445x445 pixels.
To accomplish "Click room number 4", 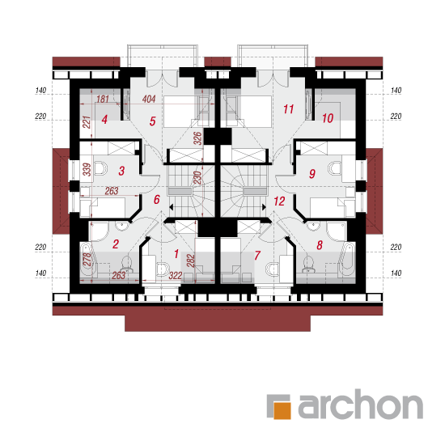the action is click(x=104, y=120).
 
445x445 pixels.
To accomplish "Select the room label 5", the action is click(x=153, y=121).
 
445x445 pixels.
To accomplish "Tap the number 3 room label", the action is click(x=121, y=171).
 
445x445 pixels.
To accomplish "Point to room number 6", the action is click(x=157, y=200).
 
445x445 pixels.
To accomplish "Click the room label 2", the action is click(x=116, y=244).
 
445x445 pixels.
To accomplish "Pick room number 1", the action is click(x=176, y=254).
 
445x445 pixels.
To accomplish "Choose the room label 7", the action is click(x=257, y=255).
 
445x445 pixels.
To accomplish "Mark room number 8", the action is click(x=320, y=245).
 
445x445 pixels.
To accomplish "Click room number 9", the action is click(x=312, y=173).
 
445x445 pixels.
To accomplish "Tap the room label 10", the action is click(x=328, y=118).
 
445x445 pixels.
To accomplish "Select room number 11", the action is click(x=288, y=109).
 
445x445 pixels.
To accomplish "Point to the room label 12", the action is click(x=279, y=201).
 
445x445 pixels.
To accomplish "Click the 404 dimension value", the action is click(x=149, y=99).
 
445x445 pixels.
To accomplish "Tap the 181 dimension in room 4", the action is click(x=103, y=99).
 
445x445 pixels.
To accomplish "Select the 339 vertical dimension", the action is click(x=87, y=169).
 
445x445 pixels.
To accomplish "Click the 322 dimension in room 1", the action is click(x=176, y=275).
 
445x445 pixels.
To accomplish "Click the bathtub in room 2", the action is click(x=87, y=260).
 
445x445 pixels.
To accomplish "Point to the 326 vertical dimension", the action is click(x=197, y=138).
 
